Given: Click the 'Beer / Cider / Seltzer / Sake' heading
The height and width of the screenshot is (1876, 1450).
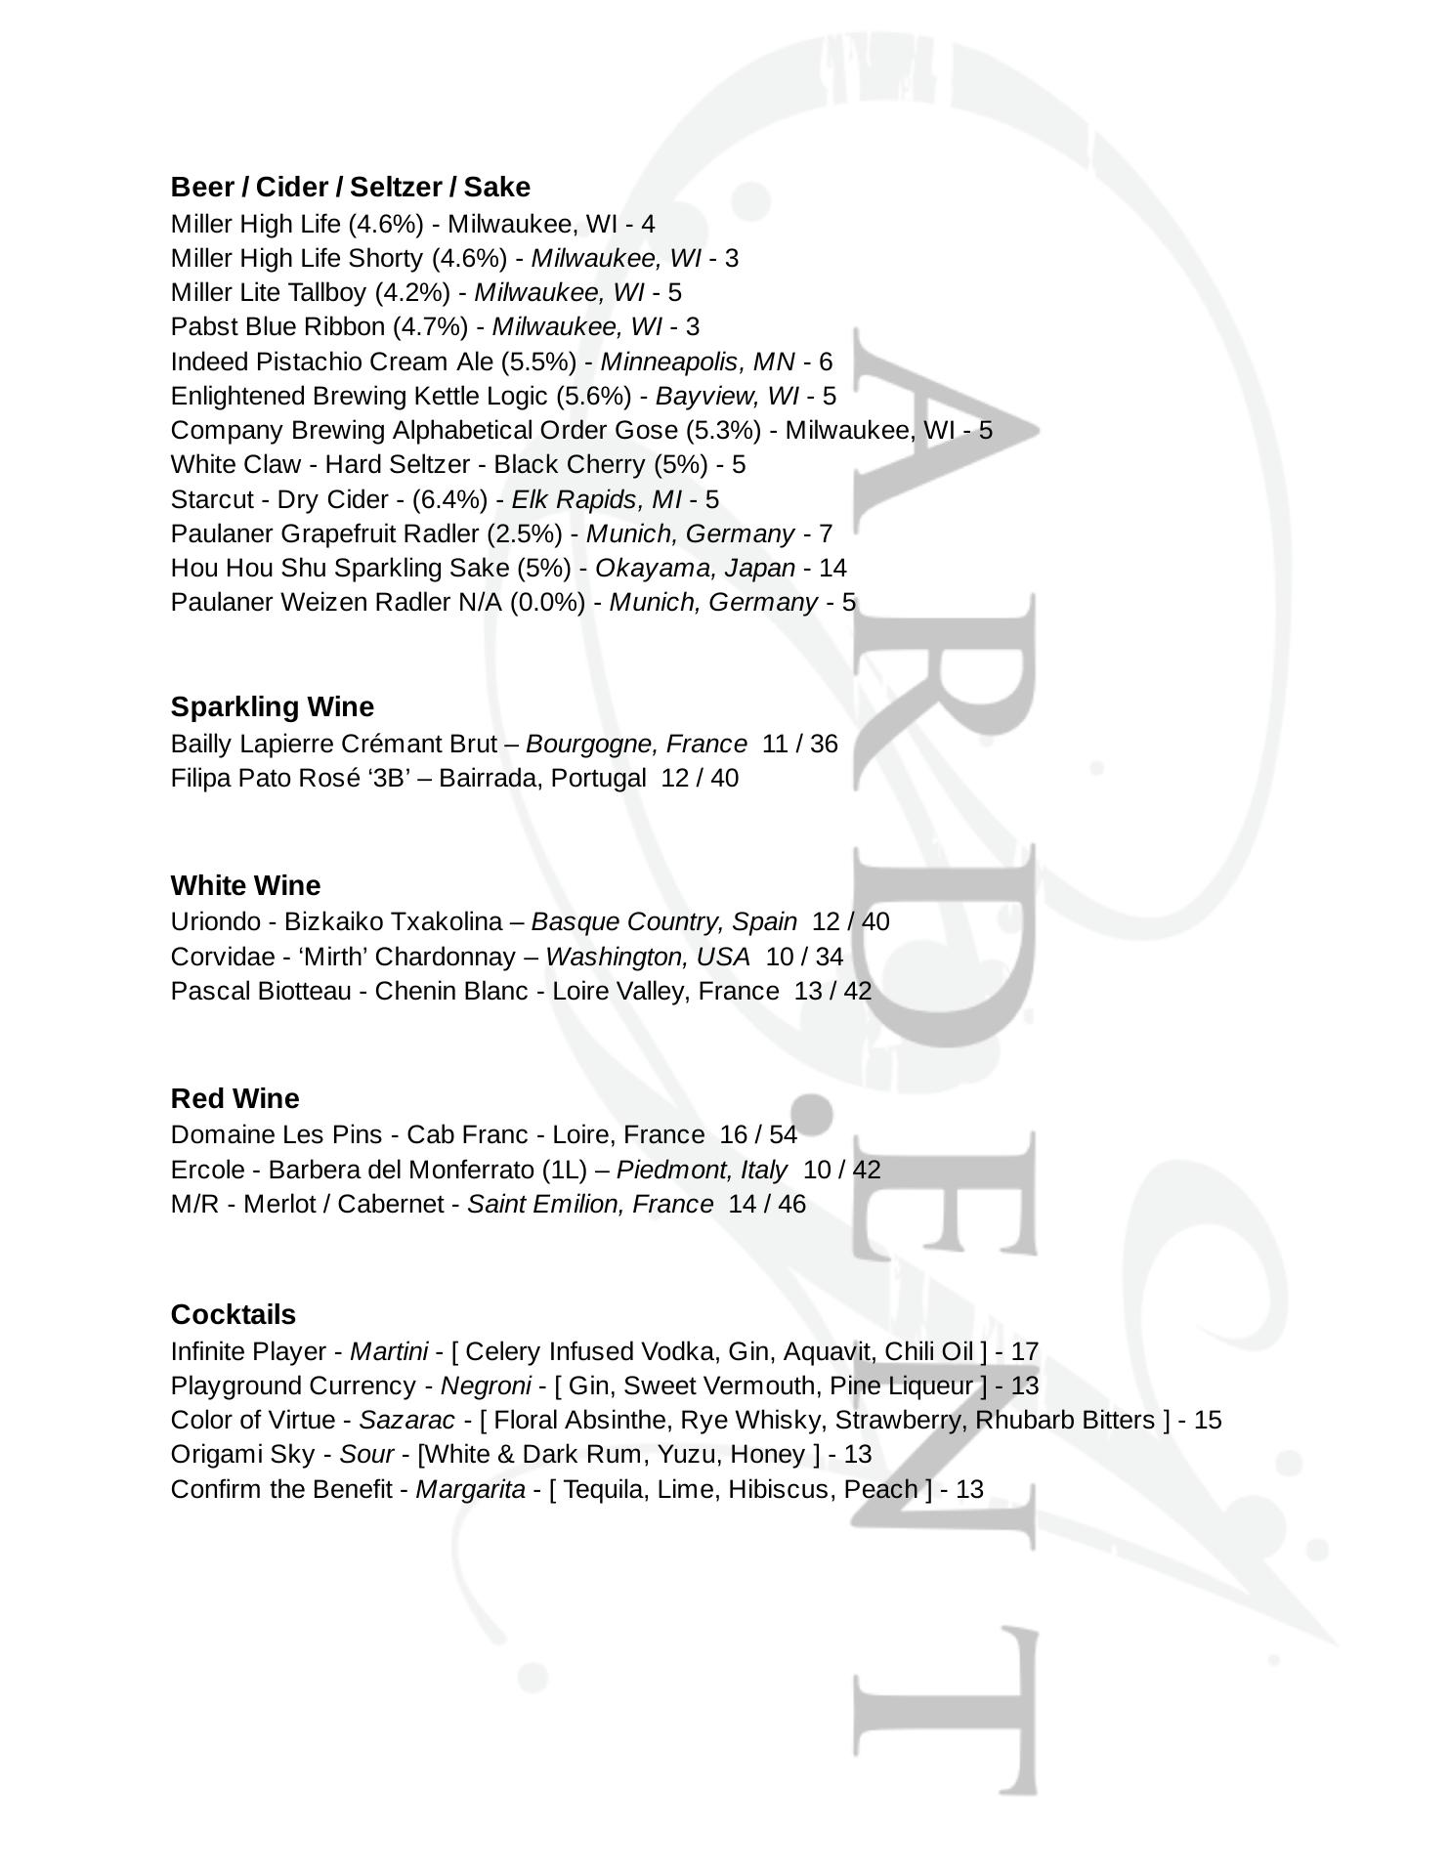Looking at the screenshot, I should [x=350, y=187].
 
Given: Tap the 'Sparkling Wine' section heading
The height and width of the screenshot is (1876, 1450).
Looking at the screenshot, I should [x=272, y=706].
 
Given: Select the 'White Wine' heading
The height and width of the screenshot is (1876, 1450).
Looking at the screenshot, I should [x=245, y=885].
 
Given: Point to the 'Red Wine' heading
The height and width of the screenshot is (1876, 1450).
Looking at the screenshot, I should [x=235, y=1098].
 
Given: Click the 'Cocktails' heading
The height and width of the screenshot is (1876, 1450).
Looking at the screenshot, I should [x=233, y=1314].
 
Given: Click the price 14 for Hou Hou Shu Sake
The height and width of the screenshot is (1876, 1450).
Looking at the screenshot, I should [x=832, y=568].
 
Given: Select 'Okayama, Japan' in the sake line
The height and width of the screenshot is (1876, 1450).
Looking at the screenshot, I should [x=695, y=568].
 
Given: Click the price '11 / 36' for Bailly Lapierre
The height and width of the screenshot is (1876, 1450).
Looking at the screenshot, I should [x=799, y=744].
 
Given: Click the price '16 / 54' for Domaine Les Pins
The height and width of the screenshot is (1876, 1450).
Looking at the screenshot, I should [x=757, y=1134].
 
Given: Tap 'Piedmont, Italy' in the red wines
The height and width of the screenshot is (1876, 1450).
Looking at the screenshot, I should [x=701, y=1170].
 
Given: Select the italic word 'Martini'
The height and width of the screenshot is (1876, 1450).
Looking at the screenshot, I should [x=389, y=1351].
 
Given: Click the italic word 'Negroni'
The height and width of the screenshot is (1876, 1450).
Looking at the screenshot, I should [x=486, y=1386].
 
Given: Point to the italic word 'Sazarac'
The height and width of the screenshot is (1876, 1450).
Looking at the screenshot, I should [x=406, y=1420].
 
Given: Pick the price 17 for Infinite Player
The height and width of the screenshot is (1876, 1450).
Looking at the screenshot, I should [x=1024, y=1351].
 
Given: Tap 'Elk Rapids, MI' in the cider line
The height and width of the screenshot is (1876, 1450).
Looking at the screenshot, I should [x=596, y=499].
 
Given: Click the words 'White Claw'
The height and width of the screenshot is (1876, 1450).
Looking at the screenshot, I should [x=235, y=464].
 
